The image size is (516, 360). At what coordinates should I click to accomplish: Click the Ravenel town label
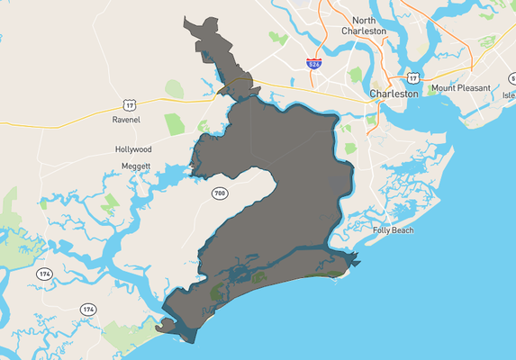127,119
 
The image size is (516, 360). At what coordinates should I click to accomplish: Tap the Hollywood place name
133,149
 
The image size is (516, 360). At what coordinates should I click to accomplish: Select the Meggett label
135,167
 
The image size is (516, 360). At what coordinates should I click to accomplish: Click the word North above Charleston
364,20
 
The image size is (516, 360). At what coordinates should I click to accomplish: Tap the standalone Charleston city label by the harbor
394,94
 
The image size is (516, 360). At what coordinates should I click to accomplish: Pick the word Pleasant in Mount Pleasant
475,88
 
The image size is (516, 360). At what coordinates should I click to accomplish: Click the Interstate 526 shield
313,65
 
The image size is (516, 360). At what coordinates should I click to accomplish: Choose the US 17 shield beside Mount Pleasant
412,78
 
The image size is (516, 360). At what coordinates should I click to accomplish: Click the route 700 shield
220,193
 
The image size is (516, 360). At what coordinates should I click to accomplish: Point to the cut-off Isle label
509,95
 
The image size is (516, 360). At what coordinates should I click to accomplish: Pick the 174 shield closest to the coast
87,309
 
